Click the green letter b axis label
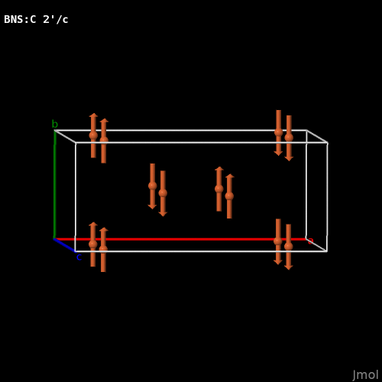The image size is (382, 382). point(55,124)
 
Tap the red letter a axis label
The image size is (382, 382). point(311,241)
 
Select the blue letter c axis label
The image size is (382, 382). point(79,257)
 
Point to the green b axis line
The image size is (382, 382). point(54,185)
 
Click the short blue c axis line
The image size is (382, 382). point(65,245)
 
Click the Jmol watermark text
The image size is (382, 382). point(365,375)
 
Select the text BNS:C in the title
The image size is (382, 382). point(20,19)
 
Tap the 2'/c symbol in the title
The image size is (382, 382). point(56,19)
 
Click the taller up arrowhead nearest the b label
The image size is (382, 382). point(93,115)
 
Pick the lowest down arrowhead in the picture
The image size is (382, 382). point(288,267)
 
